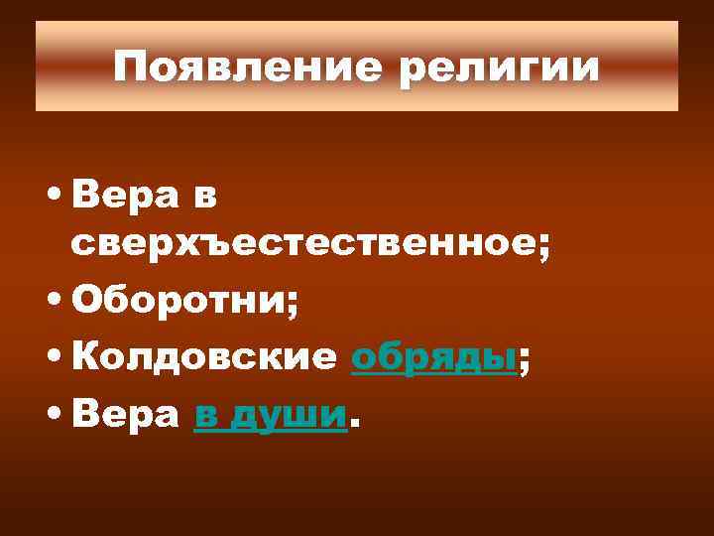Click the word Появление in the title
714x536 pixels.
(237, 67)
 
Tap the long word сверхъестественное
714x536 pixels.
(302, 246)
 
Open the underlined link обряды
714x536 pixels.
(434, 359)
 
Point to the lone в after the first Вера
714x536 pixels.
(203, 198)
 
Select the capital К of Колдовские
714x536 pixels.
(83, 359)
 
